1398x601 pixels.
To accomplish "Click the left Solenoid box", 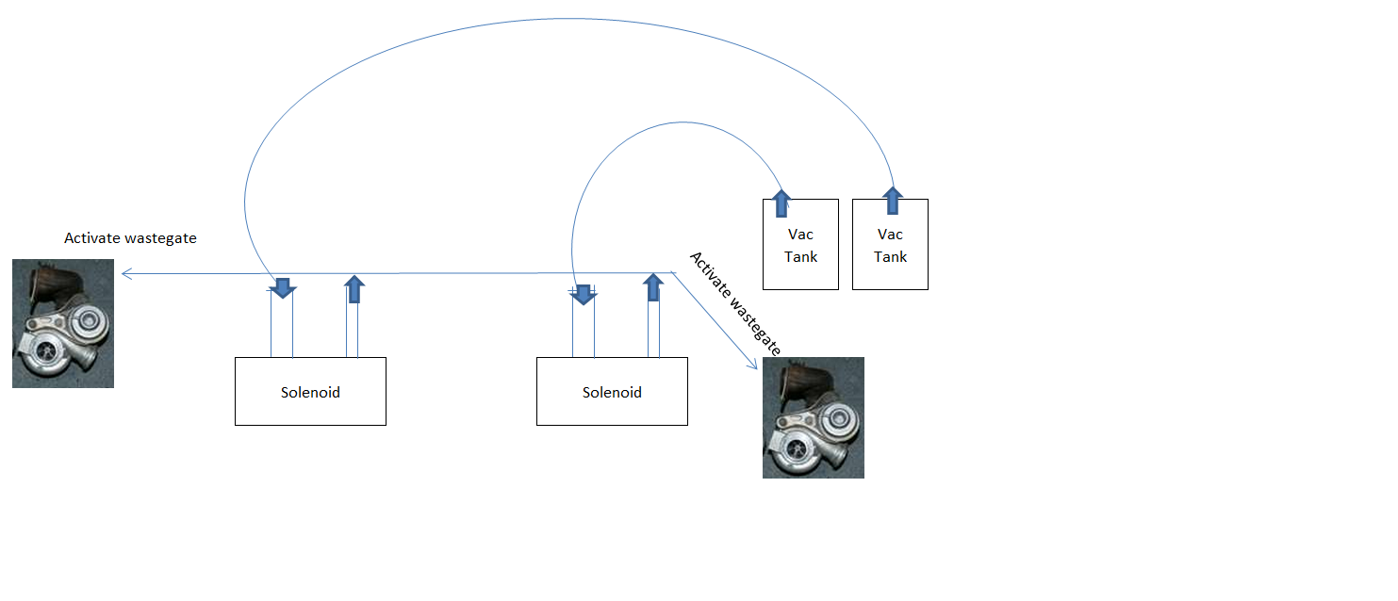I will pyautogui.click(x=310, y=392).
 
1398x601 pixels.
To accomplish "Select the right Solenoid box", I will pyautogui.click(x=612, y=392).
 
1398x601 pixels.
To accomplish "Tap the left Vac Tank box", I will pyautogui.click(x=800, y=244).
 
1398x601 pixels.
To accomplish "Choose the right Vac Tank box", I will pyautogui.click(x=890, y=244).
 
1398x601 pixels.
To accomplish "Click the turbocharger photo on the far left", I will pyautogui.click(x=63, y=323).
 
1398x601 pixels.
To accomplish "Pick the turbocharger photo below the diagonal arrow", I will pyautogui.click(x=813, y=417).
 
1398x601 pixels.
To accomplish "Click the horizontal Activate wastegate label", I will pyautogui.click(x=130, y=238).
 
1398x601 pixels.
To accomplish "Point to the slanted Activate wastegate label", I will pyautogui.click(x=736, y=302).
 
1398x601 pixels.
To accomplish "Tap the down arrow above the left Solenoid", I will pyautogui.click(x=282, y=287).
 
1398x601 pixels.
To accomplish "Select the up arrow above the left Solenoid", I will pyautogui.click(x=354, y=288).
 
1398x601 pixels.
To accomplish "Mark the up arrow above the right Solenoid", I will pyautogui.click(x=652, y=287).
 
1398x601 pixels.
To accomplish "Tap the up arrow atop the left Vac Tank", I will pyautogui.click(x=781, y=202).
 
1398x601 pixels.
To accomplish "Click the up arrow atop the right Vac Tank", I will pyautogui.click(x=892, y=201).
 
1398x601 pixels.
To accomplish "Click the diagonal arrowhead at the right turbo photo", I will pyautogui.click(x=754, y=363).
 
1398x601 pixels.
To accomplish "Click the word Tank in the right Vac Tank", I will pyautogui.click(x=890, y=256).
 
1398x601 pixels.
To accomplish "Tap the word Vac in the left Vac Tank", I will pyautogui.click(x=800, y=234).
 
